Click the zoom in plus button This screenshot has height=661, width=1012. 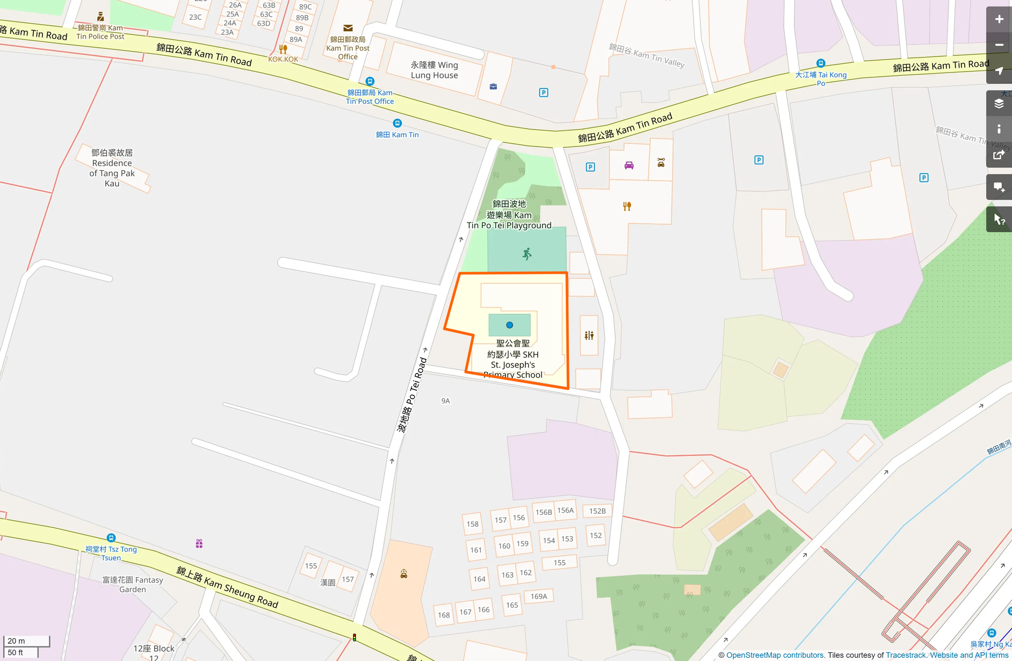[999, 19]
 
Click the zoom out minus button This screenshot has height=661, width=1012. [999, 45]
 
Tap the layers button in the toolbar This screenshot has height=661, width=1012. [999, 103]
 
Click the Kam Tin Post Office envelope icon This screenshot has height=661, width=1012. [348, 28]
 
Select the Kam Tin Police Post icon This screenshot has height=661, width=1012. [100, 17]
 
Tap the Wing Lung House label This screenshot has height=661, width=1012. [434, 70]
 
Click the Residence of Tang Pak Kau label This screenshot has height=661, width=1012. [112, 168]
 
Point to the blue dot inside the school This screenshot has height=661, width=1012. [509, 325]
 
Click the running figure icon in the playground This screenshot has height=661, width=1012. [527, 254]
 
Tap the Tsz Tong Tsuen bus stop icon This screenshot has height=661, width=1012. [111, 537]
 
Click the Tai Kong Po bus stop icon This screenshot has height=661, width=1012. [820, 63]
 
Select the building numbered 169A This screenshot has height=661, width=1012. [539, 597]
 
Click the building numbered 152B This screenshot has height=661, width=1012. [597, 511]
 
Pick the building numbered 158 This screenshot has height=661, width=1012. [473, 524]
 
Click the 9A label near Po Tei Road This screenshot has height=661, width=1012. [445, 401]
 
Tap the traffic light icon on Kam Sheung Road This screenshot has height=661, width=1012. [355, 637]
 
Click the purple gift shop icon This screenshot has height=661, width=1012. [199, 544]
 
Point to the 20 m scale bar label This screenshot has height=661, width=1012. [17, 641]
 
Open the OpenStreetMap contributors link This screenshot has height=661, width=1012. [775, 655]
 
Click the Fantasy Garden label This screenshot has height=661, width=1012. [133, 584]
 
